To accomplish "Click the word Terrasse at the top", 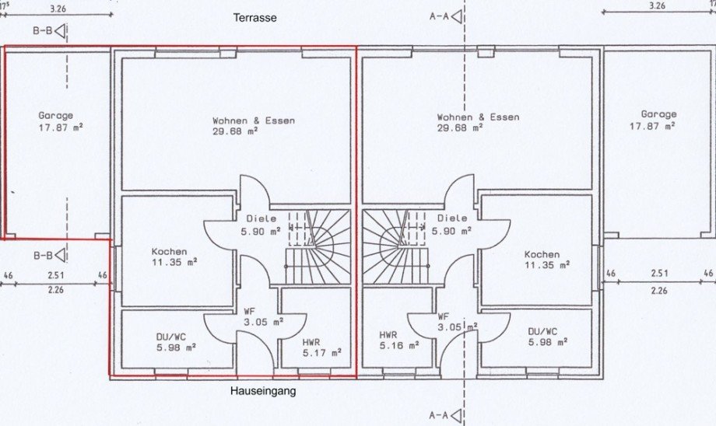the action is click(254, 18).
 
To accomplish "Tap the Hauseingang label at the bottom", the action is click(262, 391).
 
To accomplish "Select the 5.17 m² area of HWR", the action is click(322, 353).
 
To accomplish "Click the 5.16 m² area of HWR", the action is click(399, 345).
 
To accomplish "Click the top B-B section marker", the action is click(49, 31).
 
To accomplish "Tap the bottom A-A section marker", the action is click(446, 415).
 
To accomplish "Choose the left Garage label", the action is click(55, 115).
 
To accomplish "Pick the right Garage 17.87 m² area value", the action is click(652, 125).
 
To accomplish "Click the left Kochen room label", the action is click(169, 251).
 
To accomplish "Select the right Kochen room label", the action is click(542, 254).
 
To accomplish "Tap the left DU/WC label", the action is click(170, 337).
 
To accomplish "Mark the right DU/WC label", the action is click(542, 331).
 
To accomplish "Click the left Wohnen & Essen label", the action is click(254, 120).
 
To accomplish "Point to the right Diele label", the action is click(452, 218).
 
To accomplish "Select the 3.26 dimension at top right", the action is click(657, 6).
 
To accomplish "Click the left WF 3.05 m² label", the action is click(262, 316).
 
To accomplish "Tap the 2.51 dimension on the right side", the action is click(659, 273).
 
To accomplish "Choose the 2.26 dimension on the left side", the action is click(56, 290).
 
